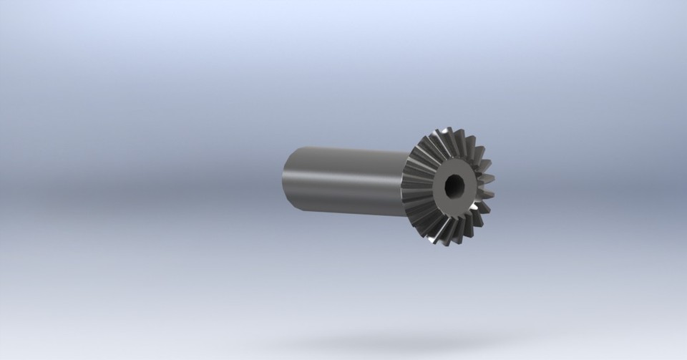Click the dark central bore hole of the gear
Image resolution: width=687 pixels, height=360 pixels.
(x=454, y=186)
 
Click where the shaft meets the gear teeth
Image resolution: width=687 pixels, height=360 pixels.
(x=404, y=183)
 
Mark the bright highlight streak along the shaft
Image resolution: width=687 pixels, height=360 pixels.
(x=343, y=172)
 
